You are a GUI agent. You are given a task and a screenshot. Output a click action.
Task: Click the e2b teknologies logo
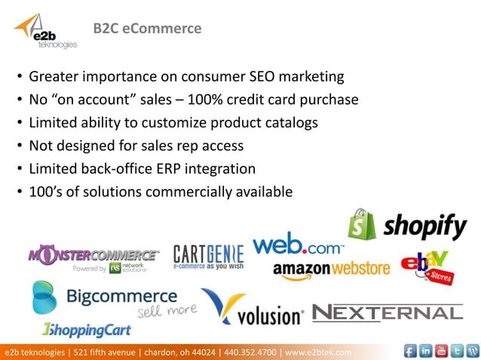[45, 32]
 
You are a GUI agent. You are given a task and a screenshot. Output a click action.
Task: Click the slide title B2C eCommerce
[147, 29]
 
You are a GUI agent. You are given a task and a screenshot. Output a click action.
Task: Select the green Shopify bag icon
[362, 224]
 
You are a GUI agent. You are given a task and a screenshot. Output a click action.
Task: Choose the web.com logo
[298, 246]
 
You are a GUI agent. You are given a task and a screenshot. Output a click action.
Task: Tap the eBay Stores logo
[424, 266]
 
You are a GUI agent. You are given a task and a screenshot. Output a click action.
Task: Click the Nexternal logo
[388, 312]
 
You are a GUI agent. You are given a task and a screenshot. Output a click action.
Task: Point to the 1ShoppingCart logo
[86, 330]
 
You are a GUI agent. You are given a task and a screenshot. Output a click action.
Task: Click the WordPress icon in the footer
[473, 351]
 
